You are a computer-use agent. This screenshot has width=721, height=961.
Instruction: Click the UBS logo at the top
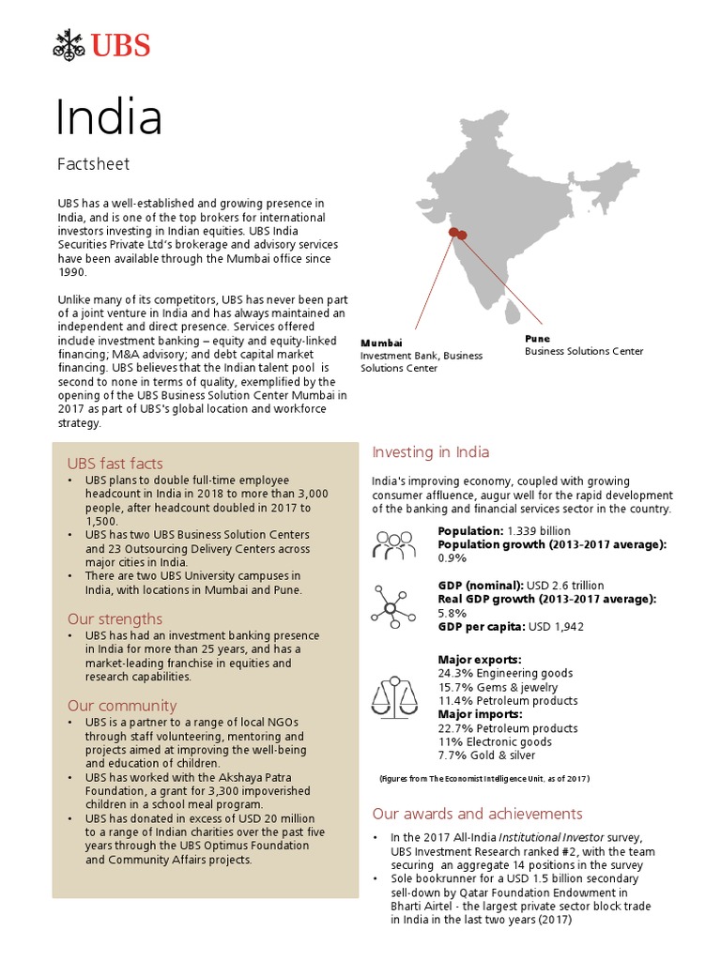coord(101,43)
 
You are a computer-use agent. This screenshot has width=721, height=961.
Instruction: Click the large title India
coord(109,117)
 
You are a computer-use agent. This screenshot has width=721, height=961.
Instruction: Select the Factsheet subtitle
coord(93,164)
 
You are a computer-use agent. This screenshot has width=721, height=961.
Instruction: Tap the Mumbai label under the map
coord(381,343)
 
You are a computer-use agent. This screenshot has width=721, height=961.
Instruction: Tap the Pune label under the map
coord(537,338)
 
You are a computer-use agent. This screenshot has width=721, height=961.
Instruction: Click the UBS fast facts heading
coord(115,464)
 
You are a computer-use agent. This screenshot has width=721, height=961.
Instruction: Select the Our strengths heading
coord(115,619)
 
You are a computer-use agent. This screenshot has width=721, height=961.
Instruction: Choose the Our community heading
coord(121,706)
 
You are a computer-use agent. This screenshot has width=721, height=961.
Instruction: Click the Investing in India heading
coord(430,452)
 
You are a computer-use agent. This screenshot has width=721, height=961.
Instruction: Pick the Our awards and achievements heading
coord(477,814)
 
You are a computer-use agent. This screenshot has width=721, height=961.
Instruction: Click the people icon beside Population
coord(394,543)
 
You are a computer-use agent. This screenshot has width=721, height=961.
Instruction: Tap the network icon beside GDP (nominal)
coord(394,606)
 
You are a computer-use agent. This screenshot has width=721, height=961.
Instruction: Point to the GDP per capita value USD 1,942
coord(559,627)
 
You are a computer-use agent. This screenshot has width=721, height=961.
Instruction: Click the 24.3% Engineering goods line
coord(505,673)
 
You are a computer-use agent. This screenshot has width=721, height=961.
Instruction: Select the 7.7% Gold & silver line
coord(486,755)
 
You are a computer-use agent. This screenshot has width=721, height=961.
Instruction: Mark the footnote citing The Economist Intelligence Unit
coord(484,779)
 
